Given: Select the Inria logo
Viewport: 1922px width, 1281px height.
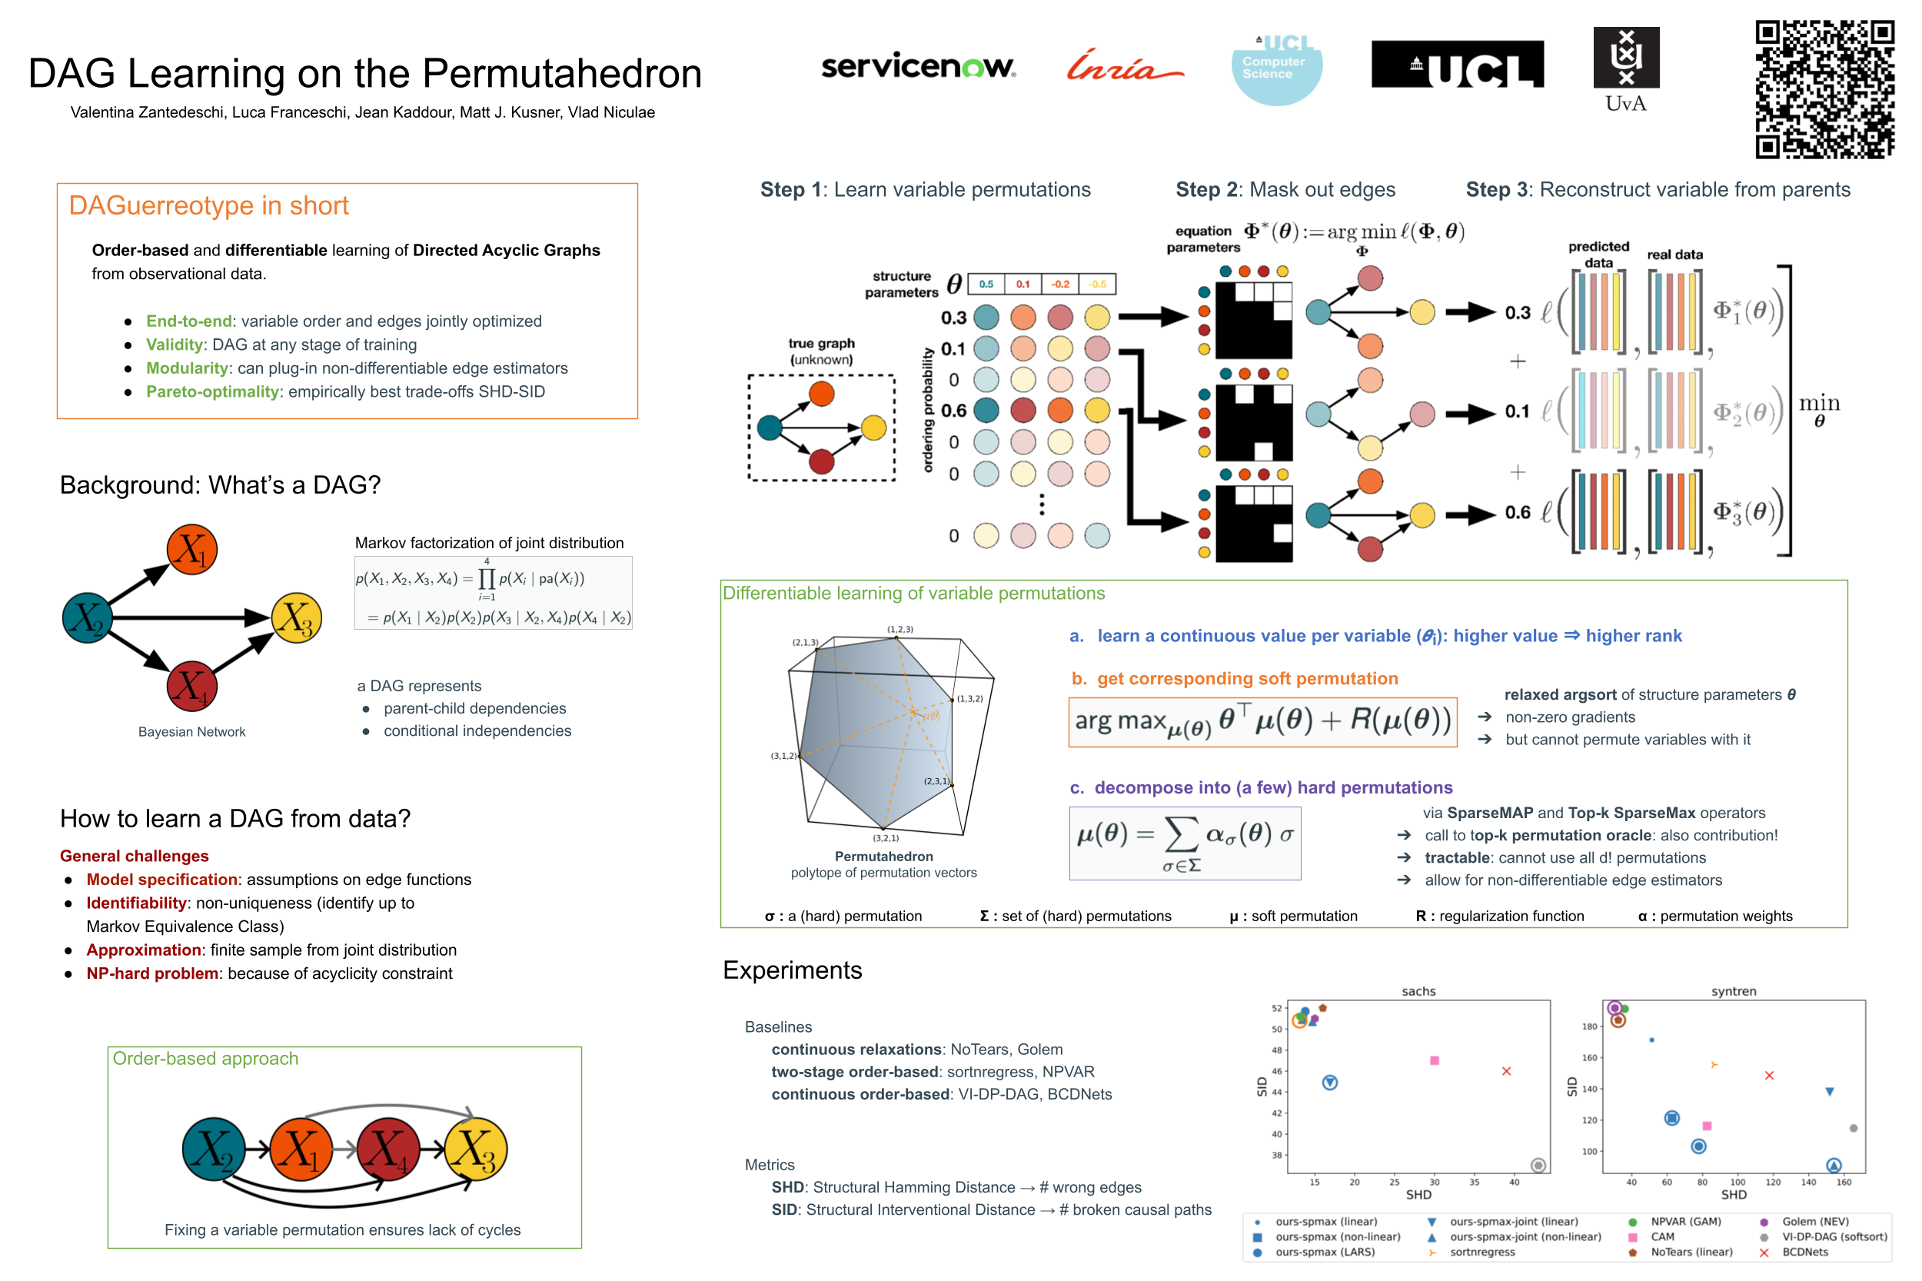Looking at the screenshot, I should click(x=1123, y=65).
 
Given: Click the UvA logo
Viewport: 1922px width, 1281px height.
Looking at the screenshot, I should click(x=1625, y=68).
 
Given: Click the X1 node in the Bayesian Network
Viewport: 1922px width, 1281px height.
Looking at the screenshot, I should click(x=192, y=550).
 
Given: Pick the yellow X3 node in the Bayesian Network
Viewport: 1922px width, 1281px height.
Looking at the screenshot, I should click(x=296, y=618).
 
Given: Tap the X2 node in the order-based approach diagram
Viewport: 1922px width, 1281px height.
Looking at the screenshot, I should click(x=213, y=1150).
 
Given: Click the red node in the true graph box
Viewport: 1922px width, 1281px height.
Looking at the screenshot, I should click(x=821, y=461).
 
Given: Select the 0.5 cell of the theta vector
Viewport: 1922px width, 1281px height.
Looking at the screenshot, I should click(x=986, y=284).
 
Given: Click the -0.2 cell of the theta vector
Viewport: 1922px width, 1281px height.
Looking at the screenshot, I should click(x=1059, y=284).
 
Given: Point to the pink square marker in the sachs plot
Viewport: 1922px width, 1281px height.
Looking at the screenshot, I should click(x=1434, y=1060).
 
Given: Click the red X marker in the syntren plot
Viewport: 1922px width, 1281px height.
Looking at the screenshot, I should click(x=1768, y=1076).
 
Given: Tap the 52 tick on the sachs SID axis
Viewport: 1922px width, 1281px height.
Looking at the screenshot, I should click(x=1276, y=1008).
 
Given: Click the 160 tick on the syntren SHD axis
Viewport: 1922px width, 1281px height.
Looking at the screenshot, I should click(x=1844, y=1182).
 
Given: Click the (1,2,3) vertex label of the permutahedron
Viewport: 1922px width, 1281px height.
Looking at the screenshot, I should click(x=900, y=629).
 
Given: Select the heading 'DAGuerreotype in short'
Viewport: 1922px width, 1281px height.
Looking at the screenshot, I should click(x=208, y=206).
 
